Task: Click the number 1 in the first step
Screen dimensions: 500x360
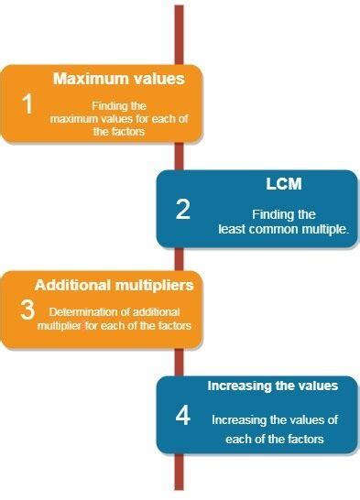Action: point(27,104)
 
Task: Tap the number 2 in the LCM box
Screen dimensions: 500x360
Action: point(183,210)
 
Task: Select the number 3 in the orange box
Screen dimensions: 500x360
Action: point(27,310)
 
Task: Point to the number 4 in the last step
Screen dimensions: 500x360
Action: point(183,417)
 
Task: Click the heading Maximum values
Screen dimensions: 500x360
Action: point(118,79)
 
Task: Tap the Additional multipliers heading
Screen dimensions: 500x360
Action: point(114,285)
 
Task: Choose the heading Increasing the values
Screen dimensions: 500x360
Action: point(272,386)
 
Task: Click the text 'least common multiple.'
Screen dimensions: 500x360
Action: point(283,229)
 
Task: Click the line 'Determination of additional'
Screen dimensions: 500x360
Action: point(115,312)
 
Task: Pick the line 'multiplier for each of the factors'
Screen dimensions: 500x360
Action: point(115,325)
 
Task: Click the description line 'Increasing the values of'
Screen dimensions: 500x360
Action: point(275,419)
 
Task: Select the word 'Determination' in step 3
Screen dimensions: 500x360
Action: point(79,312)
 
